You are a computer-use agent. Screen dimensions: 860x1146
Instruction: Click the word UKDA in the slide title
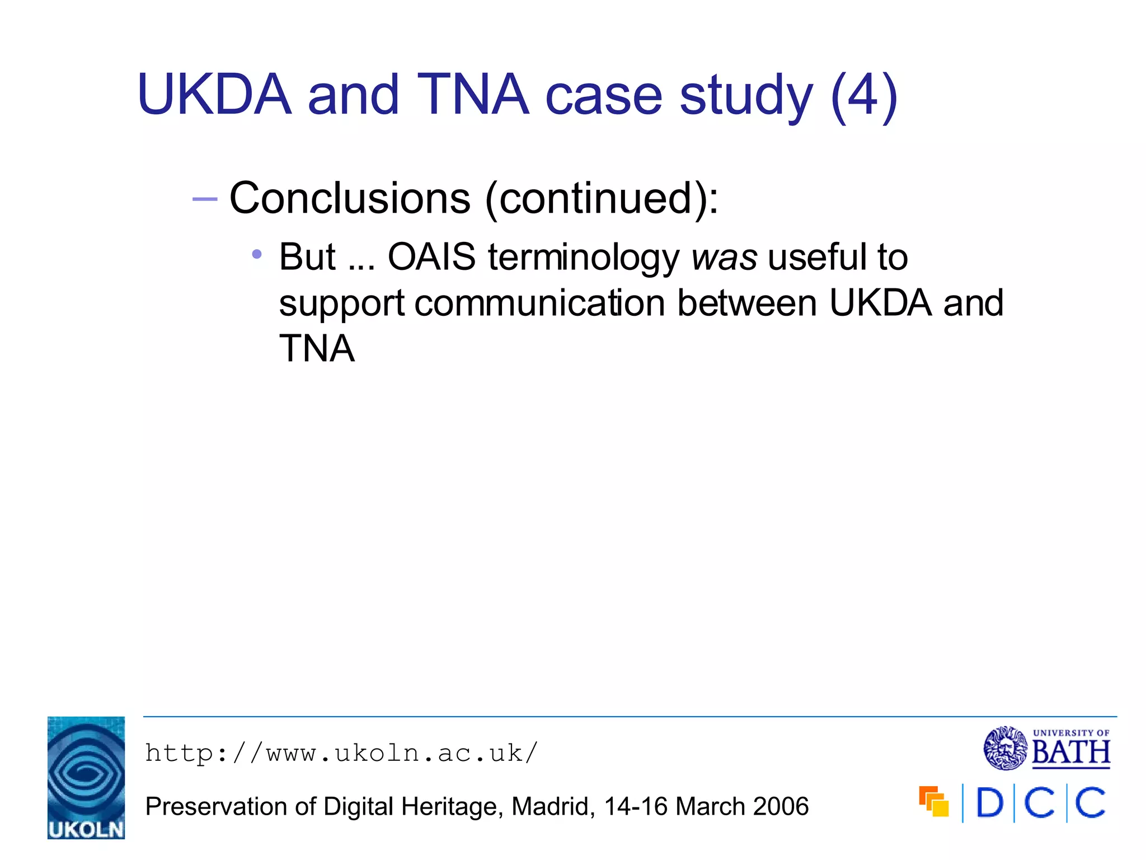pos(214,95)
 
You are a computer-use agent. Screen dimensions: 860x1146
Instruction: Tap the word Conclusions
pos(350,198)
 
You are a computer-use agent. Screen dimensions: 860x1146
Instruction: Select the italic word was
pos(724,258)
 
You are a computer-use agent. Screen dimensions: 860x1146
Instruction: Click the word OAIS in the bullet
pos(431,257)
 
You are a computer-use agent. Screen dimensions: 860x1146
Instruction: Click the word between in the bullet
pos(747,303)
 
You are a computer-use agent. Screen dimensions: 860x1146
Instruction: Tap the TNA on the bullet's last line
pos(317,349)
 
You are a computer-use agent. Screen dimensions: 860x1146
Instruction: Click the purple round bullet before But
pos(257,255)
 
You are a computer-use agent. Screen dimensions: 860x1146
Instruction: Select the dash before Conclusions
pos(204,199)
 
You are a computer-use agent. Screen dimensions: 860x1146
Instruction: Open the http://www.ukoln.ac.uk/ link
pos(341,753)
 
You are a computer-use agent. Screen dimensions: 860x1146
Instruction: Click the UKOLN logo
pos(86,778)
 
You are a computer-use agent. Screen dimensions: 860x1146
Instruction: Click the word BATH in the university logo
pos(1071,752)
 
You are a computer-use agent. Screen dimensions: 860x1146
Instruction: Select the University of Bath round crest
pos(1006,748)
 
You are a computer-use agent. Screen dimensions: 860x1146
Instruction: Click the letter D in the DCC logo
pos(989,803)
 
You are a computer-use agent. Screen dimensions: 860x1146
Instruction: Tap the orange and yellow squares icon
pos(933,802)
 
